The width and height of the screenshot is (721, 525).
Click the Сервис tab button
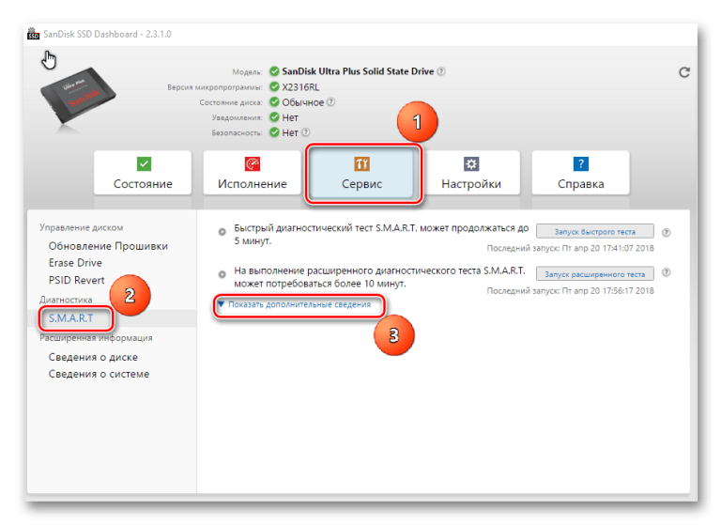(361, 174)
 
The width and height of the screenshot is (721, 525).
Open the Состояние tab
(143, 173)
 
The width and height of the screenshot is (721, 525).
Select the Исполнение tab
(252, 173)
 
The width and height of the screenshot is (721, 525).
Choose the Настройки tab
(471, 173)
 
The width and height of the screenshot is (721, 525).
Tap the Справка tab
(580, 173)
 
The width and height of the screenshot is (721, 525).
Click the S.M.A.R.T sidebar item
(70, 318)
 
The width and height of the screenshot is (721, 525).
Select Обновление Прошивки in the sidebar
(108, 246)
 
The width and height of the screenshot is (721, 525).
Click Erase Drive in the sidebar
(75, 263)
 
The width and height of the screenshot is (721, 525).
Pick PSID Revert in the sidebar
(76, 280)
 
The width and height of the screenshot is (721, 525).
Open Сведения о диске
(93, 357)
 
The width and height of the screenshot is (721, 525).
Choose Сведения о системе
(99, 374)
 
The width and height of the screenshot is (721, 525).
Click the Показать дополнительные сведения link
(299, 304)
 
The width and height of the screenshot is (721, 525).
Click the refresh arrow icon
(684, 72)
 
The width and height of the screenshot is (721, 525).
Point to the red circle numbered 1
(417, 122)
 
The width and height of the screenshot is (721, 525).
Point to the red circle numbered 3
(394, 335)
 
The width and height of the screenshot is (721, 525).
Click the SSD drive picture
(78, 96)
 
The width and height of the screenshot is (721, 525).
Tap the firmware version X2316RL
(300, 87)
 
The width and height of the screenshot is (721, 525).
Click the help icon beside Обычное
(330, 101)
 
